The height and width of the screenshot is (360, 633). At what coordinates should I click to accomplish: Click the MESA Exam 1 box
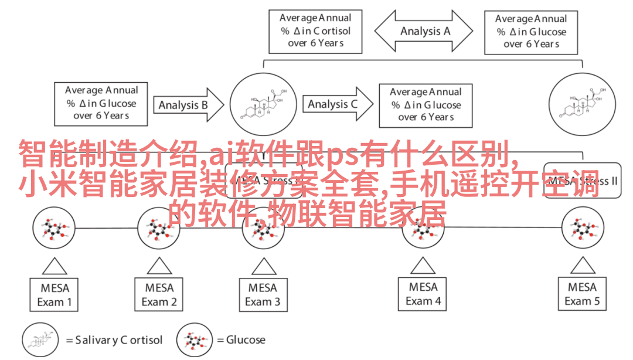55,295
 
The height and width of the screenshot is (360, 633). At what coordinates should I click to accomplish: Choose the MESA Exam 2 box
159,295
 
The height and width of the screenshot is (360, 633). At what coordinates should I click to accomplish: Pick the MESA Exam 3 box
263,295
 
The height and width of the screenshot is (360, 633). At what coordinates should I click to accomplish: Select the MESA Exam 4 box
423,294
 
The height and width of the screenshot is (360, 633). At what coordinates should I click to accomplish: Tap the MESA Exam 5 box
582,294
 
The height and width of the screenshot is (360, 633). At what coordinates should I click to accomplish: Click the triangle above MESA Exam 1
55,267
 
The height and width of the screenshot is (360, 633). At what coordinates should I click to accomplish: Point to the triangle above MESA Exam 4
423,266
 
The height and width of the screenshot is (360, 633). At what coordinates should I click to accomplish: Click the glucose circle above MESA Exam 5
583,229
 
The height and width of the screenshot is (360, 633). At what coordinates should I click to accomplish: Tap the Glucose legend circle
195,340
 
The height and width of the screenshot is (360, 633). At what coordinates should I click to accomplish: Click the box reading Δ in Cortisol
315,30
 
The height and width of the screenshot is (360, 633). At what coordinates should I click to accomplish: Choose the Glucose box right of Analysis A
531,31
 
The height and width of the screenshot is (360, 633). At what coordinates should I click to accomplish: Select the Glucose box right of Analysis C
426,104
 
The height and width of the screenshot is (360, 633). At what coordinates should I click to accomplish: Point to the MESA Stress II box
580,181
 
